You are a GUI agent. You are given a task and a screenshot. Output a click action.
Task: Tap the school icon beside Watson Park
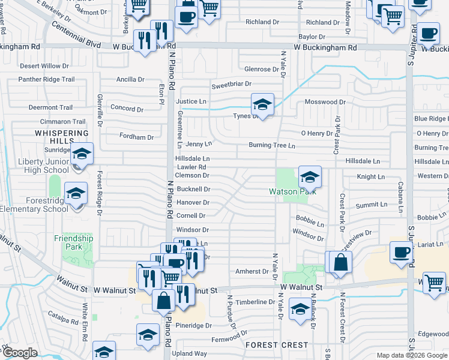click(x=310, y=177)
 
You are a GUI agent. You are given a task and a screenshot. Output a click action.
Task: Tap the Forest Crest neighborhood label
click(x=277, y=345)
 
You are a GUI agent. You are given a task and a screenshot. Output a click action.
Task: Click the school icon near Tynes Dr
click(x=262, y=104)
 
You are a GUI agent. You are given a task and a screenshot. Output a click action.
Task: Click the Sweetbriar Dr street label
click(x=231, y=85)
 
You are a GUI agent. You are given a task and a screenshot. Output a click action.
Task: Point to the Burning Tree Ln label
click(x=273, y=145)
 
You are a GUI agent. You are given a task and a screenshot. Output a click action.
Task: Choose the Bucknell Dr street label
click(x=193, y=189)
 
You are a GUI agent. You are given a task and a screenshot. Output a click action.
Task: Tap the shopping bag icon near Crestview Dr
click(x=340, y=262)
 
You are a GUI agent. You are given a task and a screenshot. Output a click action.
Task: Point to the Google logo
click(x=19, y=353)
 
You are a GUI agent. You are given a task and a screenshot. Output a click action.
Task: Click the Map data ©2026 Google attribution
click(x=411, y=355)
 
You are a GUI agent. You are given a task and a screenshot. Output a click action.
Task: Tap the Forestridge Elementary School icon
click(x=76, y=194)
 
